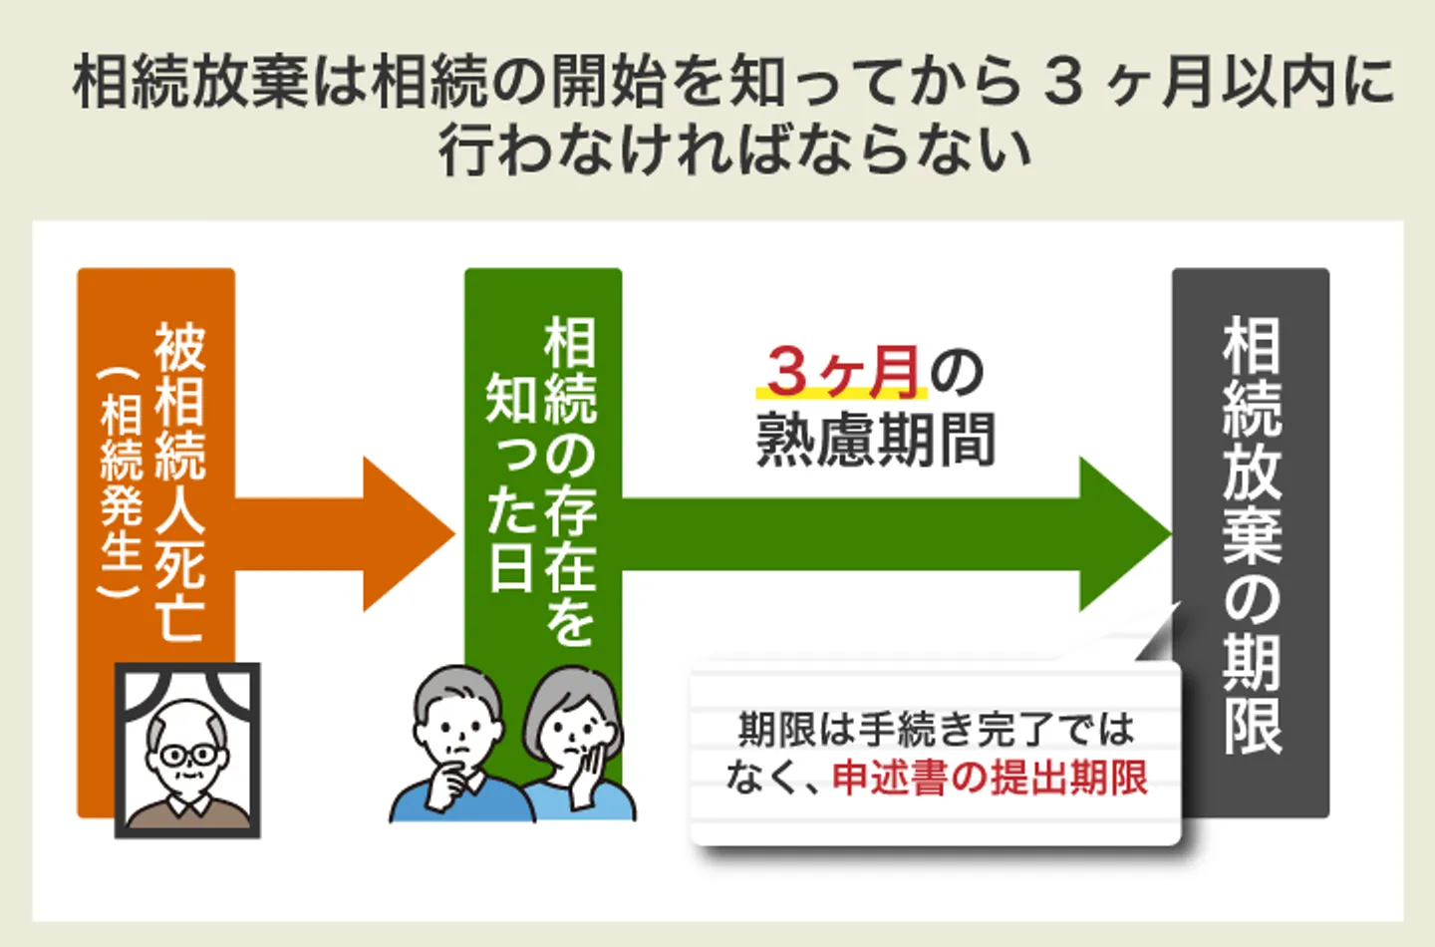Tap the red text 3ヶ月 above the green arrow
[843, 372]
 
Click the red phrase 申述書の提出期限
[990, 779]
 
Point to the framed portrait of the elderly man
[187, 751]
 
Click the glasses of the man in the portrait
[189, 755]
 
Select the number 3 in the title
[1062, 83]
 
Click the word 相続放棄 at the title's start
[191, 83]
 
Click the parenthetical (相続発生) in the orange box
[122, 483]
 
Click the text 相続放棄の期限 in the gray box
[1252, 536]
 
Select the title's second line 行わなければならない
[734, 152]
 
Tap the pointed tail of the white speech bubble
[1179, 603]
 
